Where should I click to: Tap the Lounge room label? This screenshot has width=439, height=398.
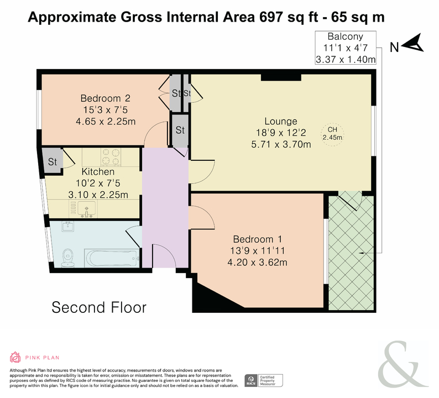pos(281,121)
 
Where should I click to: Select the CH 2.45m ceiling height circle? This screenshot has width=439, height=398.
pos(332,134)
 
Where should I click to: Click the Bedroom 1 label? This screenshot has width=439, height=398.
pos(257,239)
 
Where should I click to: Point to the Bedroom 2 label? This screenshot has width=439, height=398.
pos(105,98)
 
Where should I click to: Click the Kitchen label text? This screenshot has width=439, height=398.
pos(98,171)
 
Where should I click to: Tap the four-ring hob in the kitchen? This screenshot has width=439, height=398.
pos(111,156)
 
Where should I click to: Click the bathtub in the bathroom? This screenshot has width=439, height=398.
pos(112,258)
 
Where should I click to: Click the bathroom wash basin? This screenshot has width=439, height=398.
pos(67,227)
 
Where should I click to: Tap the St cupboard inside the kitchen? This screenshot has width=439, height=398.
pos(53,161)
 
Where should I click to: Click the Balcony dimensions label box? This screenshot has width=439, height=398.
pos(346,48)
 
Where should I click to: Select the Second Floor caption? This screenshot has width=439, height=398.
pos(99,307)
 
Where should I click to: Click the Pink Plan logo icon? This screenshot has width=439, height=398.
pos(15,357)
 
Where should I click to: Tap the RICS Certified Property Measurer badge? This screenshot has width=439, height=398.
pos(264,381)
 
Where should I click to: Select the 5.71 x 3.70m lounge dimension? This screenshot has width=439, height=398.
pos(281,144)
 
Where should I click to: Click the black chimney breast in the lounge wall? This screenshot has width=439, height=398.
pos(281,77)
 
